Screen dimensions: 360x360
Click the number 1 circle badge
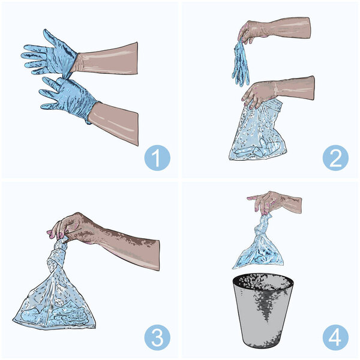tap(157, 158)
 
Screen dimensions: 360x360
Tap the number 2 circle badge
tap(335, 158)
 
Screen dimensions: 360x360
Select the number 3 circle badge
tap(157, 337)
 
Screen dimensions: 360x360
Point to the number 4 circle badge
tap(335, 337)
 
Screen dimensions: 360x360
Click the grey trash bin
tap(263, 310)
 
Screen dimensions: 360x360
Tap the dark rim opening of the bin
tap(263, 281)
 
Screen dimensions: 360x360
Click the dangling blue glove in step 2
tap(241, 63)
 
